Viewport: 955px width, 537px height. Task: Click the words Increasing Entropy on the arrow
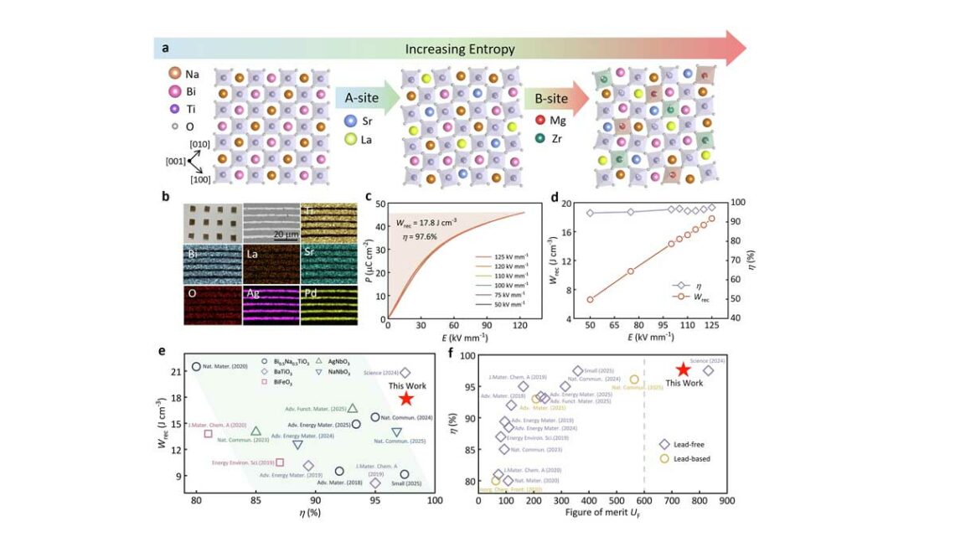(459, 49)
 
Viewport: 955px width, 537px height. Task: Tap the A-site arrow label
(363, 99)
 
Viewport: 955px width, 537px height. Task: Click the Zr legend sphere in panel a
(539, 139)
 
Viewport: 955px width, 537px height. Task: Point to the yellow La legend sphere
(350, 140)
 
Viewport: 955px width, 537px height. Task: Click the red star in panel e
(405, 399)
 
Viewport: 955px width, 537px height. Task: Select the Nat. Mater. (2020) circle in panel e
(197, 366)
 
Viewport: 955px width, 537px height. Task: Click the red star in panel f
(683, 369)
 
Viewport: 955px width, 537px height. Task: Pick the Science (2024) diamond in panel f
(708, 370)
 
